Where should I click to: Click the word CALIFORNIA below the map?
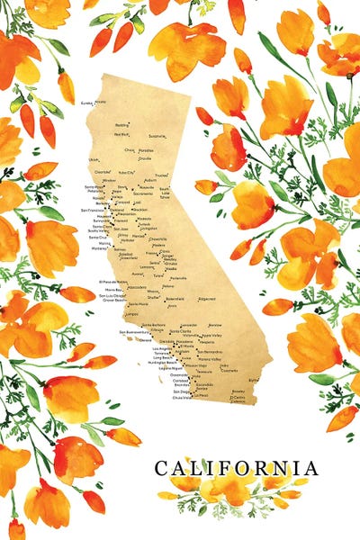point(236,468)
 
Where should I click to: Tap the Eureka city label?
point(87,103)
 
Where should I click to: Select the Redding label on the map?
point(122,125)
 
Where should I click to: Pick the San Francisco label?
point(93,210)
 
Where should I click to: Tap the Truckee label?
point(161,175)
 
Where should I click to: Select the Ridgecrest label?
point(206,298)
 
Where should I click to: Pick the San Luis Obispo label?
point(113,294)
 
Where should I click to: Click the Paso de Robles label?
point(113,282)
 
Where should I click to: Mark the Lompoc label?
point(131,315)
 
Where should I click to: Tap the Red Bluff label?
point(121,134)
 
